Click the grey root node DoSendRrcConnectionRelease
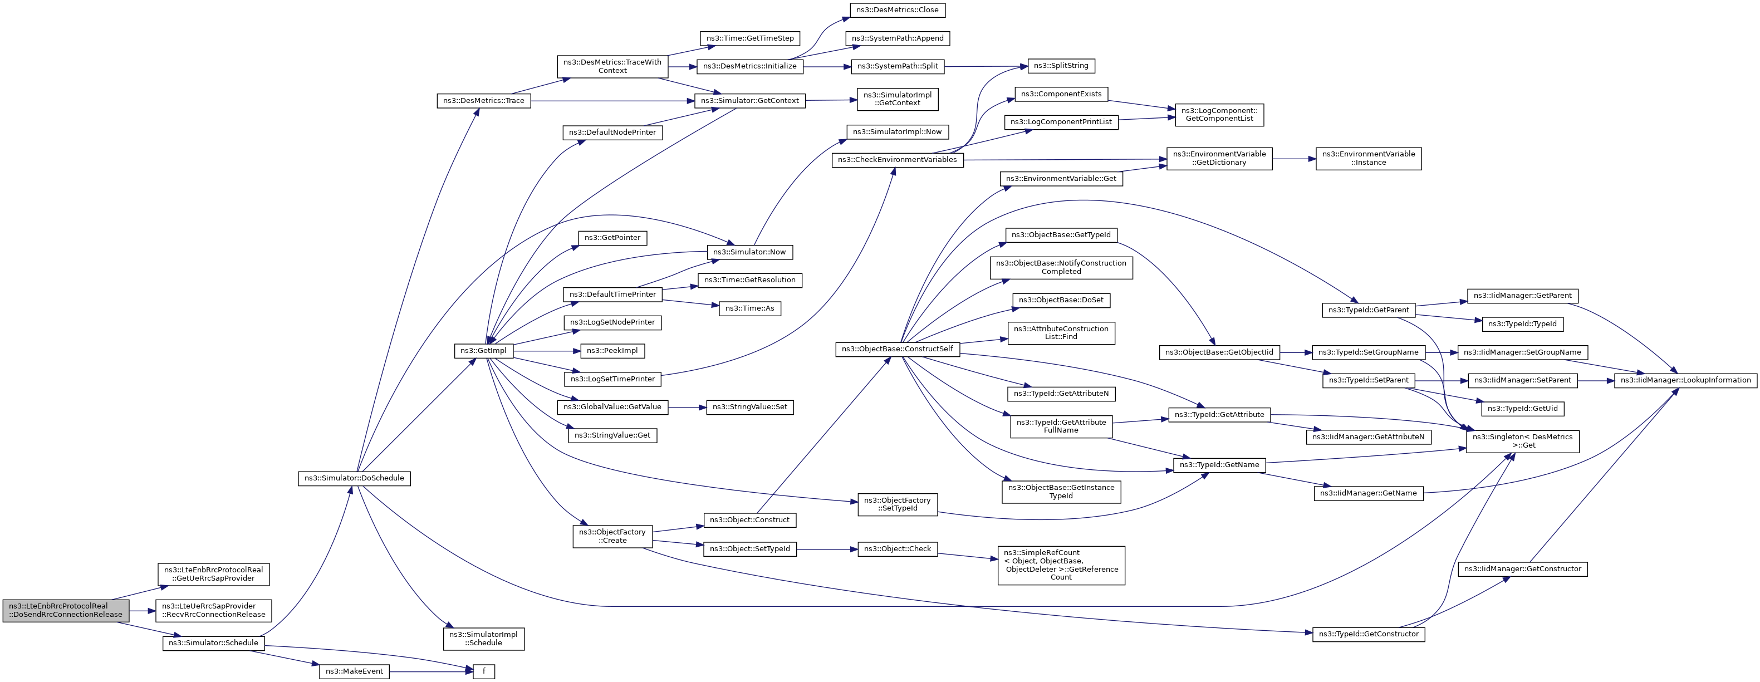point(66,610)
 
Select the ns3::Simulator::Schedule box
point(213,643)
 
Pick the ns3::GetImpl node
point(483,351)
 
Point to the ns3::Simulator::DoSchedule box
point(354,478)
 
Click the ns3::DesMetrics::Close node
point(897,10)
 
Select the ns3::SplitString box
point(1060,66)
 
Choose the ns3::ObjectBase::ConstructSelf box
point(897,349)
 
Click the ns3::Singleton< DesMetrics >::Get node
point(1522,441)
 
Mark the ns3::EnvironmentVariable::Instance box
point(1369,159)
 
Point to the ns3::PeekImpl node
point(612,351)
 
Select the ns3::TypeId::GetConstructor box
point(1369,634)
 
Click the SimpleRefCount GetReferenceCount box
point(1061,565)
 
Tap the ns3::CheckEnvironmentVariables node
point(897,160)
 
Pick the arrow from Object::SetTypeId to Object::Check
point(827,549)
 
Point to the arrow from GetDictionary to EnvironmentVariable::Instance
point(1294,159)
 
